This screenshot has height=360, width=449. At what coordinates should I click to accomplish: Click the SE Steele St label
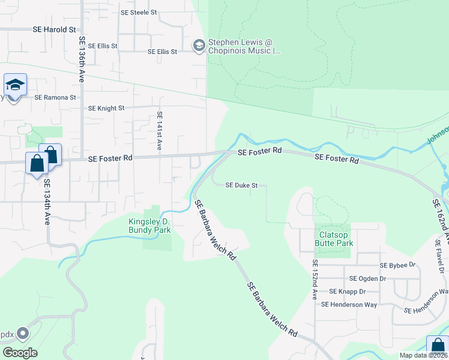[x=138, y=12]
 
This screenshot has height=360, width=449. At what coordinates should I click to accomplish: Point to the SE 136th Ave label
[x=81, y=59]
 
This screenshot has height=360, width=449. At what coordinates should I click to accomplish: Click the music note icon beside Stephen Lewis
[x=199, y=46]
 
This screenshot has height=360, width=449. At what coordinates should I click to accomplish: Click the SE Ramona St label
[x=55, y=97]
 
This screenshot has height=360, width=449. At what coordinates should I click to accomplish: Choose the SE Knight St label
[x=106, y=109]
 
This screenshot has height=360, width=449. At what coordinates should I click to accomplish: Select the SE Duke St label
[x=241, y=185]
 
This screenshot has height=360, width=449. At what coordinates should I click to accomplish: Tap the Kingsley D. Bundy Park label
[x=151, y=225]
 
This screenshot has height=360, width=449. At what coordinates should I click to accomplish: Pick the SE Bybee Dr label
[x=397, y=265]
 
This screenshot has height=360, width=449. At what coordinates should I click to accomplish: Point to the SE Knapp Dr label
[x=347, y=291]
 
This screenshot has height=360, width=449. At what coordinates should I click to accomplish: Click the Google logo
[x=20, y=352]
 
